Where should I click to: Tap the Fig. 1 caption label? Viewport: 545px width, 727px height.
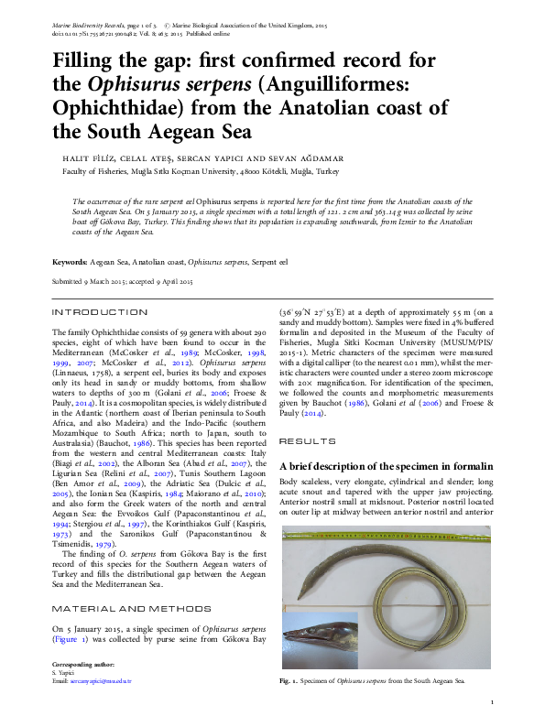point(288,681)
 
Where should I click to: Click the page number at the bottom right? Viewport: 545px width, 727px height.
point(492,702)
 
